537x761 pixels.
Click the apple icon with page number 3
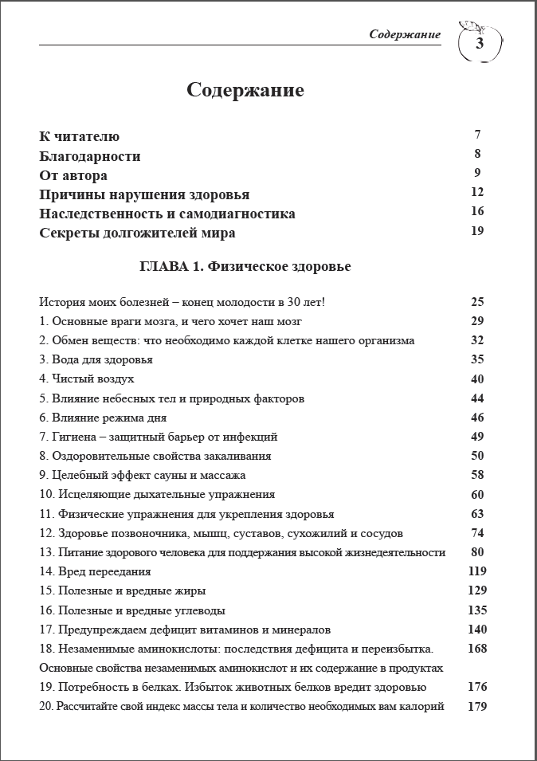tap(480, 43)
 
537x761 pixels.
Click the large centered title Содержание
tap(245, 89)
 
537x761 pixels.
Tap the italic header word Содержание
tap(405, 34)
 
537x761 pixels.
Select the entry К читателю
tap(80, 137)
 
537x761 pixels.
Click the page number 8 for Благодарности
tap(477, 154)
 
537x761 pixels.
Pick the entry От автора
tap(73, 175)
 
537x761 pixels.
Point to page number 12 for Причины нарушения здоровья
tap(477, 192)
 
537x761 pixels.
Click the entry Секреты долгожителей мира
tap(137, 233)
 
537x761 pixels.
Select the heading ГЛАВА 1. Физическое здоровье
tap(245, 267)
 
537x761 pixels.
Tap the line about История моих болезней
tap(182, 302)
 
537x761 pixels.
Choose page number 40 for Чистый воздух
tap(477, 379)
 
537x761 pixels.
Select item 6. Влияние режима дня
tap(103, 418)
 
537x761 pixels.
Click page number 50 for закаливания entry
tap(477, 456)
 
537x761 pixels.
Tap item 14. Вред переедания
tap(95, 571)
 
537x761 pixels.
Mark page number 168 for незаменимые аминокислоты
tap(477, 649)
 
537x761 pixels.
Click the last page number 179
tap(477, 706)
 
